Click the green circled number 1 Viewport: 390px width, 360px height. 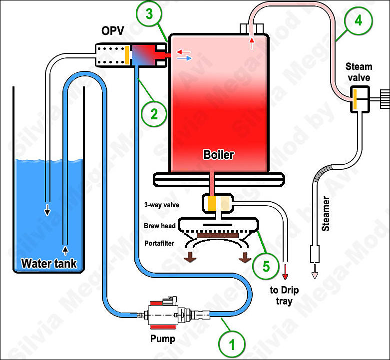click(231, 344)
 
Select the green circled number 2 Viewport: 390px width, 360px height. click(153, 114)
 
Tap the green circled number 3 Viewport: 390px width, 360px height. click(150, 14)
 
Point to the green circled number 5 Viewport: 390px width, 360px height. click(266, 265)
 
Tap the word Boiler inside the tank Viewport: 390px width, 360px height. click(219, 154)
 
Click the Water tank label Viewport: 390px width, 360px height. click(48, 263)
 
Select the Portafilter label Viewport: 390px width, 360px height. click(161, 244)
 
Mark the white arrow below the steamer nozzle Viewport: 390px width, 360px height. click(315, 272)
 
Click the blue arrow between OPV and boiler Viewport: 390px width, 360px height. click(184, 58)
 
